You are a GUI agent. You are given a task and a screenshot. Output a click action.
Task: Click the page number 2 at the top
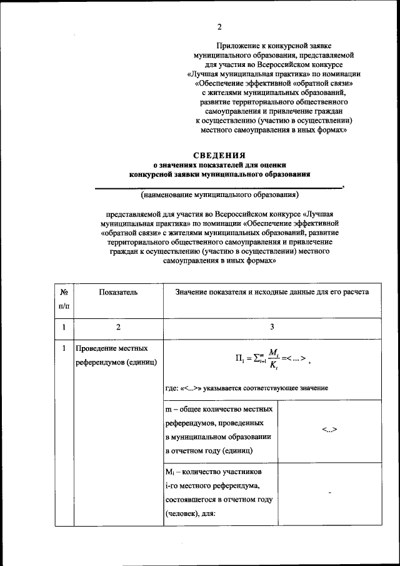point(219,26)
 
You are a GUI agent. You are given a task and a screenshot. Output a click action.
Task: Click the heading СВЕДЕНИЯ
point(219,154)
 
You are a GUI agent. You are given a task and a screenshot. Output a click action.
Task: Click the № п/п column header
point(64,298)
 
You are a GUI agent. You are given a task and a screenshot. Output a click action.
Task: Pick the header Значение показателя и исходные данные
point(272,291)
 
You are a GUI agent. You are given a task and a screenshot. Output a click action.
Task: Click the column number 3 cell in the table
point(272,327)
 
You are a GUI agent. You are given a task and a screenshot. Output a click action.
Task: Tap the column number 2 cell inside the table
point(117,327)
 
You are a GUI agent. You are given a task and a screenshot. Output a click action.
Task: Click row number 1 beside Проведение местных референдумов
point(64,348)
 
